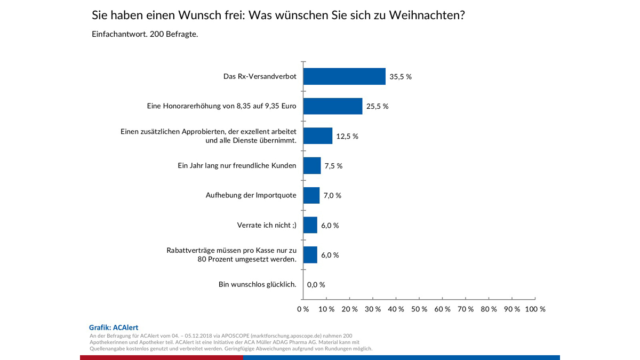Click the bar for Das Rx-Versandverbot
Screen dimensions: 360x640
click(x=344, y=76)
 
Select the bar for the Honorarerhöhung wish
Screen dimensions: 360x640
click(x=332, y=106)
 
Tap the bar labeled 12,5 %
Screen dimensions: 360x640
click(x=317, y=136)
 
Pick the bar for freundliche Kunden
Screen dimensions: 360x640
click(x=312, y=166)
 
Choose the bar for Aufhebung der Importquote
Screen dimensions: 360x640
click(x=311, y=195)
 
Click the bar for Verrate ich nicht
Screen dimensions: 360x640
click(x=310, y=225)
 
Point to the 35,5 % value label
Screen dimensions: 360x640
click(x=401, y=77)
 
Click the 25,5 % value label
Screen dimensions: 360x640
click(x=377, y=106)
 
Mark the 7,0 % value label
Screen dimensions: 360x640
click(x=331, y=195)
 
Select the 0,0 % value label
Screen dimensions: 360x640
click(x=316, y=285)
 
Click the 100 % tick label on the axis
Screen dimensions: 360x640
click(x=535, y=309)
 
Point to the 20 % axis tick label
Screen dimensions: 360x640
click(x=349, y=309)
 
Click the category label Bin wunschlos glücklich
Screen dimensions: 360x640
click(x=257, y=284)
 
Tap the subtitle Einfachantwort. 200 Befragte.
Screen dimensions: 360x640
click(x=145, y=35)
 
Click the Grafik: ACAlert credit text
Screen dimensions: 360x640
click(x=114, y=327)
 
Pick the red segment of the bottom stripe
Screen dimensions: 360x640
click(x=161, y=357)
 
